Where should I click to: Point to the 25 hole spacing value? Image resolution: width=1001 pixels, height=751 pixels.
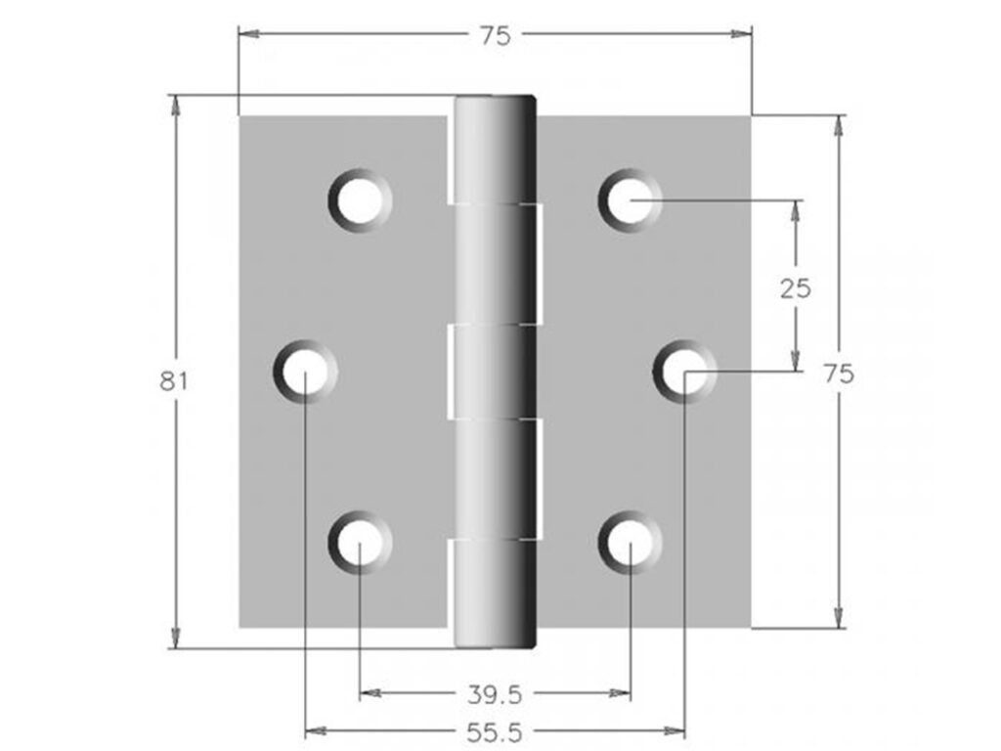click(x=796, y=287)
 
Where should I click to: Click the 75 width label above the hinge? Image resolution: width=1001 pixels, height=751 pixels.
click(x=495, y=35)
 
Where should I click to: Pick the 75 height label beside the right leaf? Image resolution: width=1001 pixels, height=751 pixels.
click(x=838, y=374)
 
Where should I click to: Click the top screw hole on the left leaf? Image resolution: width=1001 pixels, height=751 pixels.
click(x=360, y=199)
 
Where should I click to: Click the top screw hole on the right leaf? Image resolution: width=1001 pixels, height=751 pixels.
click(x=631, y=199)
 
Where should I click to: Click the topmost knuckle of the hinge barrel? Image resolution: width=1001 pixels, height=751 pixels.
click(x=495, y=149)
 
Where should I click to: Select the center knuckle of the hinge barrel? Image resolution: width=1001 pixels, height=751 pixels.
click(x=495, y=372)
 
